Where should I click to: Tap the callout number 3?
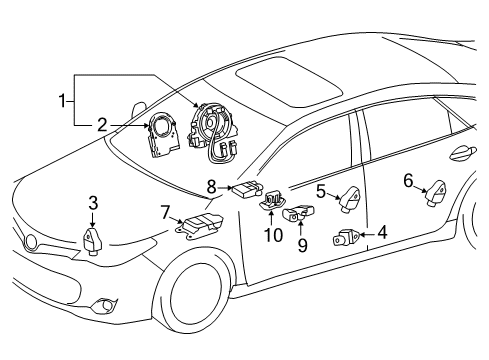[x=93, y=203]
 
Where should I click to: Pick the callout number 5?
[x=321, y=189]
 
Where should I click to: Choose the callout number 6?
[x=408, y=180]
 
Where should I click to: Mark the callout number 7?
[x=164, y=211]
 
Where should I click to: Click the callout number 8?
[x=211, y=185]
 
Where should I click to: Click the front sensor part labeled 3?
[x=93, y=240]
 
